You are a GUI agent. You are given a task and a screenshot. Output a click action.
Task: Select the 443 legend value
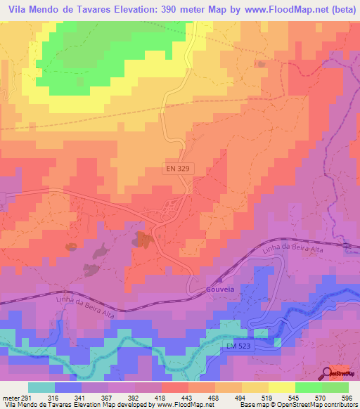click(179, 396)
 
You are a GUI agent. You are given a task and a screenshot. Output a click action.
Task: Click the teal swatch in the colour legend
click(41, 387)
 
